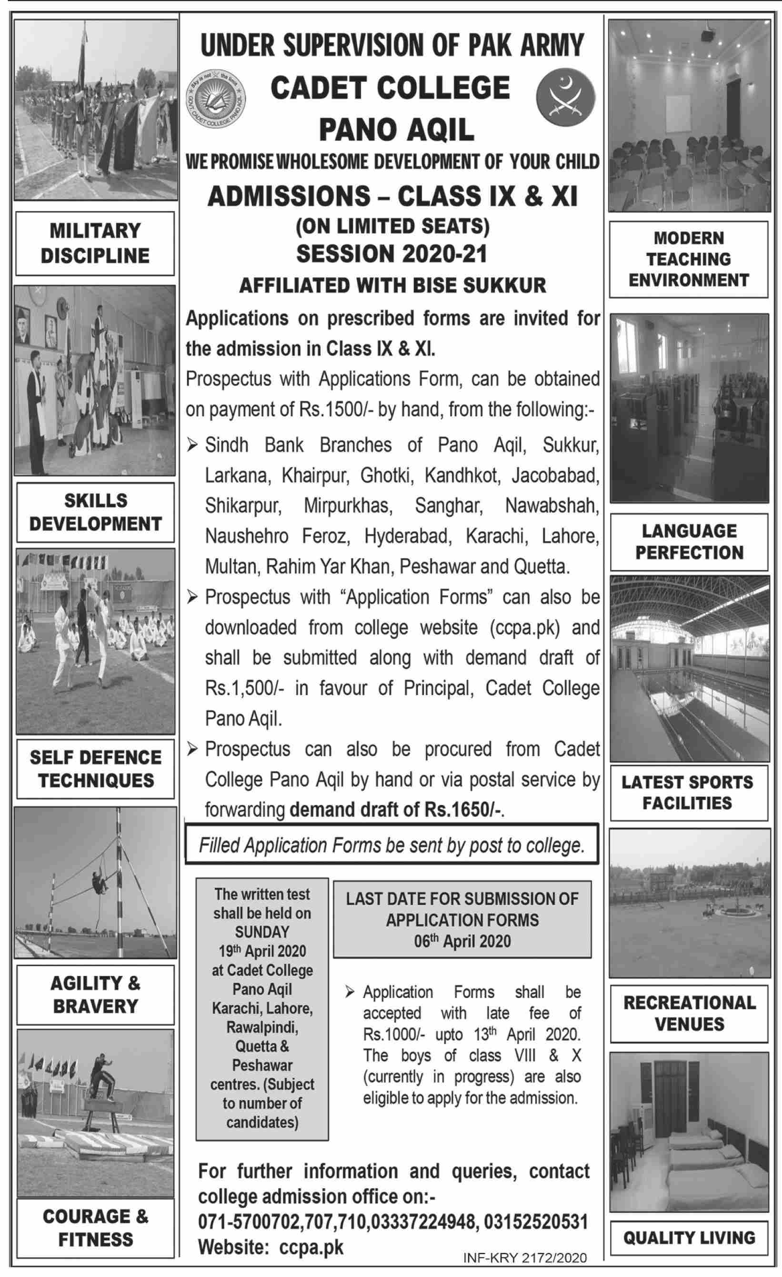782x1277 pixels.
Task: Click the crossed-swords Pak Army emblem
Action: point(565,98)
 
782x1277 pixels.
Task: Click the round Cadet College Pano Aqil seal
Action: point(216,99)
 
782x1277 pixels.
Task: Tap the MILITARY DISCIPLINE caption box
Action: point(95,243)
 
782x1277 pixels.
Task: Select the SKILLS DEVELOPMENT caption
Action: point(95,512)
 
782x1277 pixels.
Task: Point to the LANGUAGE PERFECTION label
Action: point(689,542)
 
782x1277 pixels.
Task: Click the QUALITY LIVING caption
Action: point(689,1237)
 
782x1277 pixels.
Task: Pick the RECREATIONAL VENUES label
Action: point(689,1013)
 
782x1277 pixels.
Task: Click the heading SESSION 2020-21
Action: point(392,254)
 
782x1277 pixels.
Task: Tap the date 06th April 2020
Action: point(462,941)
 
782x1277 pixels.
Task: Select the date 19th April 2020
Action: point(262,951)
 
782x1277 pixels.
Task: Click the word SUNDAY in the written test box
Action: point(262,932)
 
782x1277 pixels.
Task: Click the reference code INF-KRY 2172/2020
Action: point(524,1258)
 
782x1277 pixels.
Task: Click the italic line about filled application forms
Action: point(392,845)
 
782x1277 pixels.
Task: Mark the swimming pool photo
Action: point(689,669)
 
